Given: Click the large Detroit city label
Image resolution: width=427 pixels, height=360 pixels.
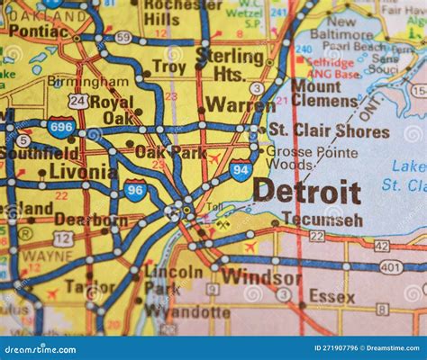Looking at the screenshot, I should pos(306,192).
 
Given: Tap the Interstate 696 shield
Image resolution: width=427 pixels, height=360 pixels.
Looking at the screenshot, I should pos(61,128).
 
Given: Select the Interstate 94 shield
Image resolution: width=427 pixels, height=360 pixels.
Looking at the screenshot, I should pos(241,169).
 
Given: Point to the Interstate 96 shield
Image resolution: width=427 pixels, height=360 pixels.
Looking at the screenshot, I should pos(136,190).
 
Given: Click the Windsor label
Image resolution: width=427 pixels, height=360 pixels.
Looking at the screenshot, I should pos(260,277).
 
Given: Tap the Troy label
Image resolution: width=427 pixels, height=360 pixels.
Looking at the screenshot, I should pos(168,67).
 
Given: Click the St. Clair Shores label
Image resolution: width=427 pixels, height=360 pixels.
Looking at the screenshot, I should pos(329,131).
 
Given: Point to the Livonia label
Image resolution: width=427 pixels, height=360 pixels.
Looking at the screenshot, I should pos(82,171).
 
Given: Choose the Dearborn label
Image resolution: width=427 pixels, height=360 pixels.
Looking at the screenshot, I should pos(90,219).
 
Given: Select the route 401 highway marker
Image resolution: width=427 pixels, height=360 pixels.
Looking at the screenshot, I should pos(391,266).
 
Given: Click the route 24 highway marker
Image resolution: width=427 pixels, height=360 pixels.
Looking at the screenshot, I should pos(78,101).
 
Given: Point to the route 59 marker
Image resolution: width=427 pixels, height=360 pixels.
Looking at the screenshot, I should pos(123,37).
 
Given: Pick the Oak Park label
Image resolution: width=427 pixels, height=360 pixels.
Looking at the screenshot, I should pos(169,152).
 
